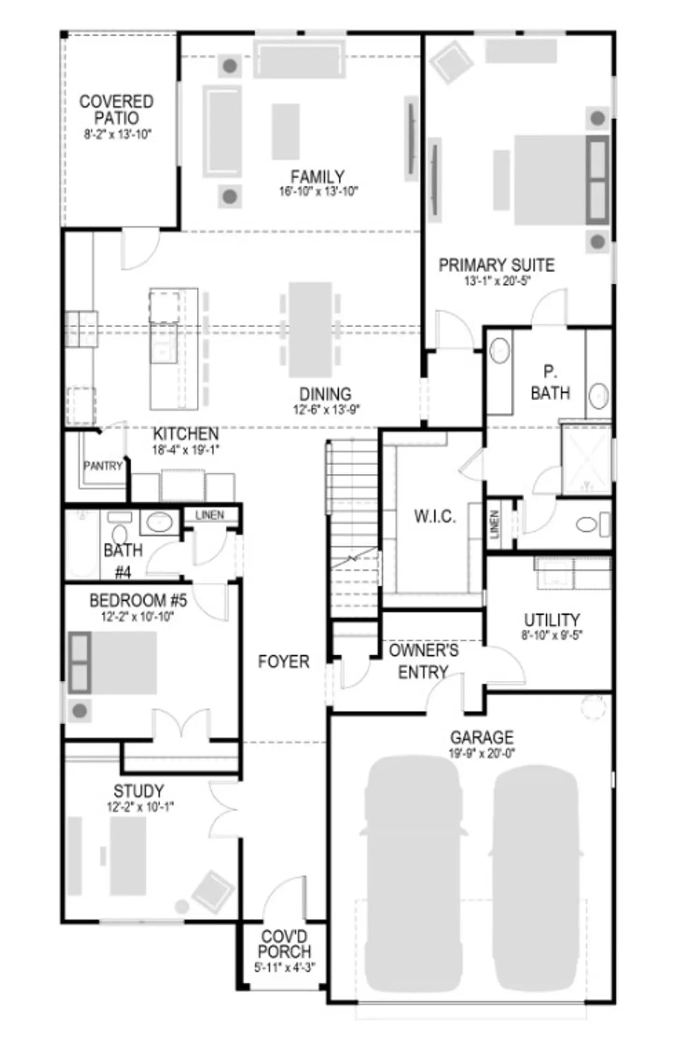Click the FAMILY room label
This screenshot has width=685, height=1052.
317,177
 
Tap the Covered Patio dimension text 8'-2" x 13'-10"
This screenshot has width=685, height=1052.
118,135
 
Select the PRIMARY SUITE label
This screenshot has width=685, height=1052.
496,265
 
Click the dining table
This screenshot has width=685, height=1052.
310,330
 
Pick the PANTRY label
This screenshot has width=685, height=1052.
103,466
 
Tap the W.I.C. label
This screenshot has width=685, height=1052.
435,516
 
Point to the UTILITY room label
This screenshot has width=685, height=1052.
552,620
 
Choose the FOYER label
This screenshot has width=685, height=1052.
284,662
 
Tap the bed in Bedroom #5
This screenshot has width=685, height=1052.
113,663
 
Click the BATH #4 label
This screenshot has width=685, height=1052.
123,561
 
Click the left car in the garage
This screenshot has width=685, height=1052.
413,874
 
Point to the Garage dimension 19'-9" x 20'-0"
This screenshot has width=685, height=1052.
482,754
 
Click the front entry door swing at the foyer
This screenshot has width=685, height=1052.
285,896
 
